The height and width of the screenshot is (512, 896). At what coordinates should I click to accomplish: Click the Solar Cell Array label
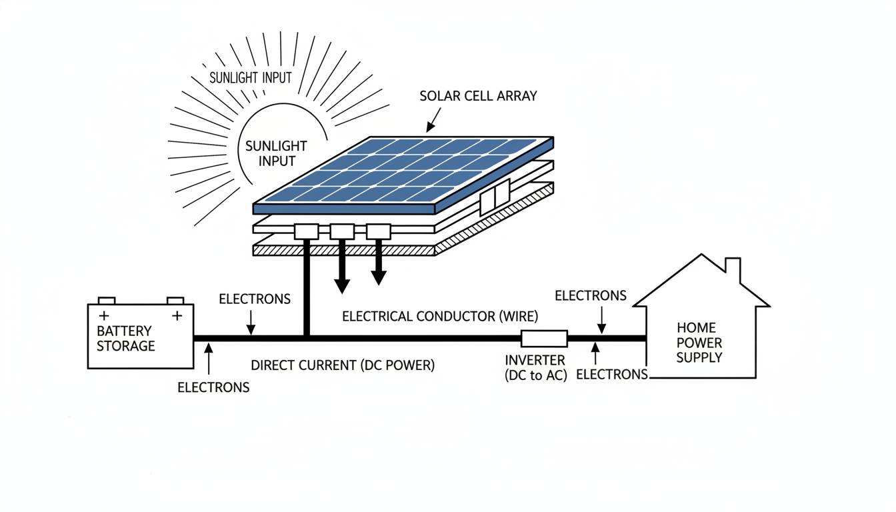478,96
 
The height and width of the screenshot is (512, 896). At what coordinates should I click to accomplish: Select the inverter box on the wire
544,339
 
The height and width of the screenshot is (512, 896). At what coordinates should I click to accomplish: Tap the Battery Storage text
125,339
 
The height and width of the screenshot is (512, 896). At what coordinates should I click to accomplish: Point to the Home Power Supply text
699,343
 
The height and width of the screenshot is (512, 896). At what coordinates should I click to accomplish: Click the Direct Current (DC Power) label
343,365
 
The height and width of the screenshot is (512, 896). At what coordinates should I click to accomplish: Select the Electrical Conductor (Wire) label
440,317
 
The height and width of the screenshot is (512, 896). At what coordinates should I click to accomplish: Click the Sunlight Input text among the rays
251,78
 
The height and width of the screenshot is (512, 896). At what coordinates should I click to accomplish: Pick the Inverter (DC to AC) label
535,368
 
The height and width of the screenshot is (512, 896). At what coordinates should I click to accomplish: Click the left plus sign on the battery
103,315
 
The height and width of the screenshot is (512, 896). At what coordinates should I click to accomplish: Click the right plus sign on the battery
177,315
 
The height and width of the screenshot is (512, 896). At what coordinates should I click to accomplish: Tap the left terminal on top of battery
107,301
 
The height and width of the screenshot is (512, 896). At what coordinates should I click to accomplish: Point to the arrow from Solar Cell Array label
432,120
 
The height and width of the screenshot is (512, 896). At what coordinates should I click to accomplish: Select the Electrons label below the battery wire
213,387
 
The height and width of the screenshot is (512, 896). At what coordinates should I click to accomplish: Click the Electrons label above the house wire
591,295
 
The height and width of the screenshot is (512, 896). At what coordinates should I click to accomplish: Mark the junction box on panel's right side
495,197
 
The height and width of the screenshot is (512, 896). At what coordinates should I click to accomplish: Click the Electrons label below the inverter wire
611,375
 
